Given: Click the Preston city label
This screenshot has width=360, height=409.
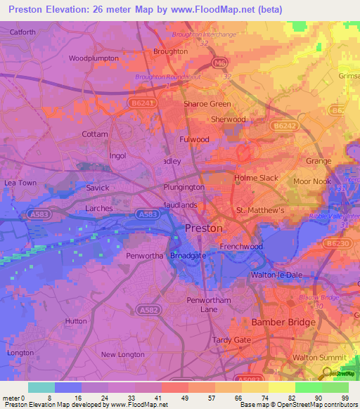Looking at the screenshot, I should (x=203, y=228).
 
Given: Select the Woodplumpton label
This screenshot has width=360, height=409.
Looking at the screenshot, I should (x=91, y=58).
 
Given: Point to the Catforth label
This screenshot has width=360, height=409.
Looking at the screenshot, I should (x=22, y=32).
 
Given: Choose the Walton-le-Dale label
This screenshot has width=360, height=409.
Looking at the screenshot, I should (x=277, y=275).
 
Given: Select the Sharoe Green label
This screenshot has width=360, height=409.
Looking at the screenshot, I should (x=207, y=104).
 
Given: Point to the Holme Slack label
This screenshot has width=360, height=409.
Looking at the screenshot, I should (x=256, y=178).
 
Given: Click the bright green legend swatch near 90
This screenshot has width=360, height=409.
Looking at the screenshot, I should (x=308, y=387).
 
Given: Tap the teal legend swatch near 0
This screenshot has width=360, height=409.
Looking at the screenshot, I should (x=41, y=387).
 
